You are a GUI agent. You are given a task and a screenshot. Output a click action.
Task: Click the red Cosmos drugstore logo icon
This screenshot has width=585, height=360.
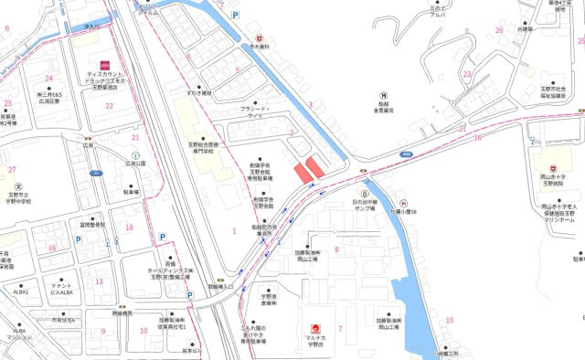(x=106, y=63)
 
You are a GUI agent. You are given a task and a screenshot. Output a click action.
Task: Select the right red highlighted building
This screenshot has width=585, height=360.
(x=315, y=166)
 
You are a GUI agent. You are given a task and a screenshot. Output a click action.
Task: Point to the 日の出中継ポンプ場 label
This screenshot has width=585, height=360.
(x=365, y=206)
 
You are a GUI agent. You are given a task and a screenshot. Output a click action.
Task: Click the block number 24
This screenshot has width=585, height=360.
(x=48, y=79)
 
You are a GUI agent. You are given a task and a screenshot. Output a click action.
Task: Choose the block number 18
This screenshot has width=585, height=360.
(x=129, y=228)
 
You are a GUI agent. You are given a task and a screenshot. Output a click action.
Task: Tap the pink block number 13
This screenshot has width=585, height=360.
(x=98, y=281)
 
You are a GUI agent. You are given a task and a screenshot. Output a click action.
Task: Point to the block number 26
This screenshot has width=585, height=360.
(x=500, y=30)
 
